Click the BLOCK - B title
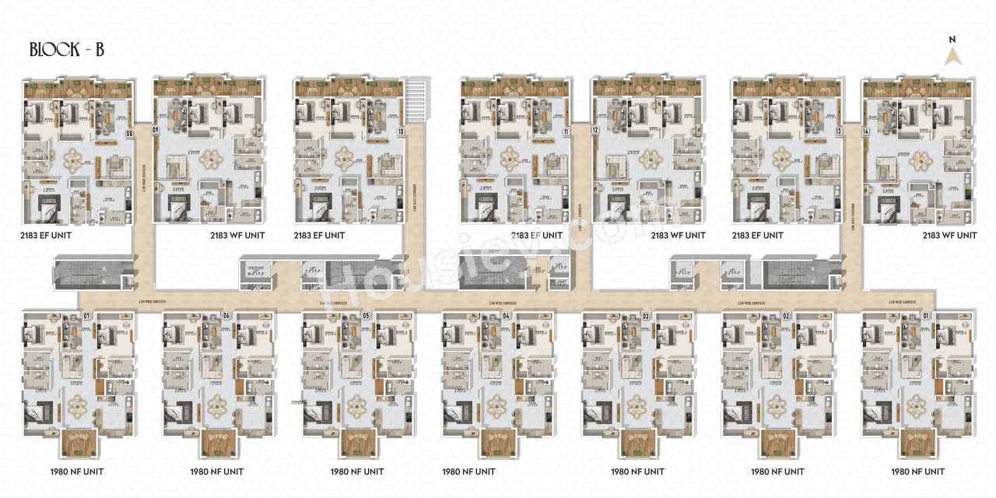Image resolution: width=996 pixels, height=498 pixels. point(67,50)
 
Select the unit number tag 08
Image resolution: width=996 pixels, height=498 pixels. point(129,133)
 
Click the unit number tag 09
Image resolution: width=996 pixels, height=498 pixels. point(156,131)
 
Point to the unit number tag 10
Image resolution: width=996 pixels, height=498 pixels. point(400,132)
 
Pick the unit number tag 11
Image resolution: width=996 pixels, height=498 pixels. point(566,132)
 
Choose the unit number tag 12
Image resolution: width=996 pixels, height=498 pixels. point(594,131)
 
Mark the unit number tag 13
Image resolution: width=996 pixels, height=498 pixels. point(838,132)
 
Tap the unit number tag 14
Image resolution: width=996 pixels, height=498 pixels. point(865,131)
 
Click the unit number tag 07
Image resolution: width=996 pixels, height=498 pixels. point(87,316)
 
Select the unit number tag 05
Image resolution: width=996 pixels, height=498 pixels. point(366,316)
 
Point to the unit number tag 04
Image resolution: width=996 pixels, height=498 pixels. point(506,316)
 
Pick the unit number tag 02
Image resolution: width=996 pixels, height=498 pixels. point(786,316)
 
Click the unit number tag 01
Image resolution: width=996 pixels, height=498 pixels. point(926,316)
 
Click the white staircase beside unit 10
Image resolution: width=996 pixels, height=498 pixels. point(418,100)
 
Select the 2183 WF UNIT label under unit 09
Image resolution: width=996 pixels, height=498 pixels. point(237,235)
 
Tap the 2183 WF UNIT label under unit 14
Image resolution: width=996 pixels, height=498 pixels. point(949,235)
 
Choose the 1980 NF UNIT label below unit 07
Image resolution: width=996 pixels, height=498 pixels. point(76,472)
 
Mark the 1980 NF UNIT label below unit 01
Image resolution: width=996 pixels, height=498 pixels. point(918,472)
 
